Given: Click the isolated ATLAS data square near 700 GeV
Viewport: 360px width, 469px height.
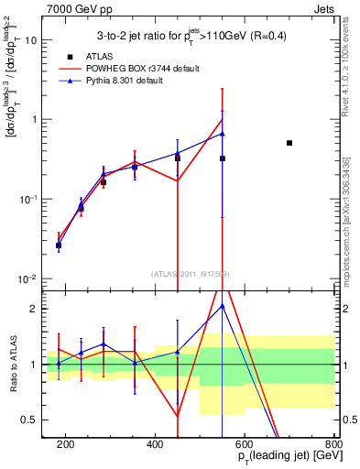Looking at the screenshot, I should pyautogui.click(x=289, y=143).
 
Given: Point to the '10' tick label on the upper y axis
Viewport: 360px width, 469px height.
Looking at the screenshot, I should pyautogui.click(x=30, y=40).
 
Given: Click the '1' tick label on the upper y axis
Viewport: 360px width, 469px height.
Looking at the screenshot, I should pyautogui.click(x=34, y=120).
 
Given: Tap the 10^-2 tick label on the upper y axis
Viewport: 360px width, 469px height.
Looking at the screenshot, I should pyautogui.click(x=29, y=278).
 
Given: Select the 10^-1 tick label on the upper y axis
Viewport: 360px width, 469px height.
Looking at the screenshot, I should pyautogui.click(x=29, y=199).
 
